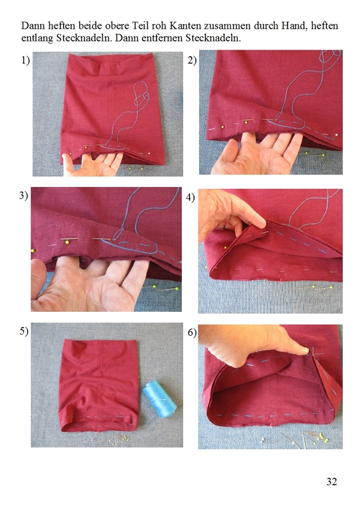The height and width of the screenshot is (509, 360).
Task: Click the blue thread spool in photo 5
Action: pos(160,399)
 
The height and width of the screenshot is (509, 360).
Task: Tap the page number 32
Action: pos(331,482)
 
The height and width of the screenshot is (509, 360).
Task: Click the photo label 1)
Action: pos(25,60)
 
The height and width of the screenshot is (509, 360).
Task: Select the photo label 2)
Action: pos(192,60)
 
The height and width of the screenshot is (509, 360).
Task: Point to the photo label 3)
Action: pos(24,195)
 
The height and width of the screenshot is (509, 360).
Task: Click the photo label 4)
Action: pos(190,197)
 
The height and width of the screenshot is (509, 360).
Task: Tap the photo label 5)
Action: pos(24,331)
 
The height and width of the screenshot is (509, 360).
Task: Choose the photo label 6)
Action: pos(192,333)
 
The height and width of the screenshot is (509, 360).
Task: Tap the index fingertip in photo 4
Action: pos(261,224)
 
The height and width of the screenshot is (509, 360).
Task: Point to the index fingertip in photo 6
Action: pos(303,350)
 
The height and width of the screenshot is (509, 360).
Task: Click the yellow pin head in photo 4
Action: pos(226,248)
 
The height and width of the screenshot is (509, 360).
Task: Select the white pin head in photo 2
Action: pos(336,135)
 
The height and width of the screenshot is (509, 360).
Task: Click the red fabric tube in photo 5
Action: pos(99,385)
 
